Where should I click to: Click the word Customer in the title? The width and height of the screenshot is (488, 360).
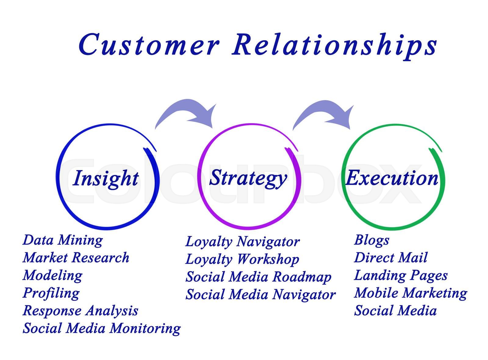pos(149,45)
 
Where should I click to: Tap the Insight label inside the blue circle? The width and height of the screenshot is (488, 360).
pos(106,178)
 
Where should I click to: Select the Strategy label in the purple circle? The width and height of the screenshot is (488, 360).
pos(248,178)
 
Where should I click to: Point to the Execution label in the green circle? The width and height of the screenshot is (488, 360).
pos(392,178)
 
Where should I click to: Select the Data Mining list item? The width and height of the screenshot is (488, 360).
pos(63,240)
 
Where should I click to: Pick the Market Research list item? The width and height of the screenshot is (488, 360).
pos(76,258)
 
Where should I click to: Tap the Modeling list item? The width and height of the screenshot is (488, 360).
pos(52,276)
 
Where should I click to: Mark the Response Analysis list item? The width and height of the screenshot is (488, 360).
pos(80,311)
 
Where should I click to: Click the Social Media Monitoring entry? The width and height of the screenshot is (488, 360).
pos(102,329)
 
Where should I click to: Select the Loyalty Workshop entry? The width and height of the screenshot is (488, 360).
pos(242,259)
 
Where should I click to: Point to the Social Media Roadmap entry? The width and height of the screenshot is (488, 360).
pos(258,277)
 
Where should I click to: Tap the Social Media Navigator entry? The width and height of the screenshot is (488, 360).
pos(260,295)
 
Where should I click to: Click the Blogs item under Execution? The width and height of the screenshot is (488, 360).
pos(371,240)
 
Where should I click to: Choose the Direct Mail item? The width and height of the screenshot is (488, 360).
pos(391,258)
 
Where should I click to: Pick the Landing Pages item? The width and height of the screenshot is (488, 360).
pos(401,276)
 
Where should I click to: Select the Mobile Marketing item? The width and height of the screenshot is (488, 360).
pos(411,293)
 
